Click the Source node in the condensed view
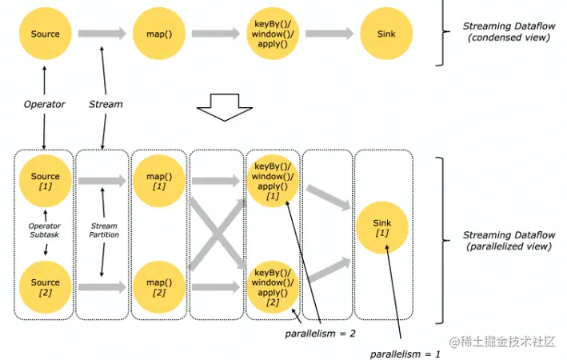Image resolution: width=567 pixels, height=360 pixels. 46,34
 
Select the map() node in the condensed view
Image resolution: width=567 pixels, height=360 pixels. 159,34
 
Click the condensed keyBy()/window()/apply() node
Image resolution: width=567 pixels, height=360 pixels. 272,34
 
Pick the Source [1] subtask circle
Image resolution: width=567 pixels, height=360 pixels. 46,182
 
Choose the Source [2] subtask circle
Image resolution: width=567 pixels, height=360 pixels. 46,287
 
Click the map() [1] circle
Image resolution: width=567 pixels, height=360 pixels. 159,182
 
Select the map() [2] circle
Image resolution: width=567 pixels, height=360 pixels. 159,287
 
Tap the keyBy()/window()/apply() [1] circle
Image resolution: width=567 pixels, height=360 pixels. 272,182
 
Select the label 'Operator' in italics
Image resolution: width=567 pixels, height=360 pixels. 44,104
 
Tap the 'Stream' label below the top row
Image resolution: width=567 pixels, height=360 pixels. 106,104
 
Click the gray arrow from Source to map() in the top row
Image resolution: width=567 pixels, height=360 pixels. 102,34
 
